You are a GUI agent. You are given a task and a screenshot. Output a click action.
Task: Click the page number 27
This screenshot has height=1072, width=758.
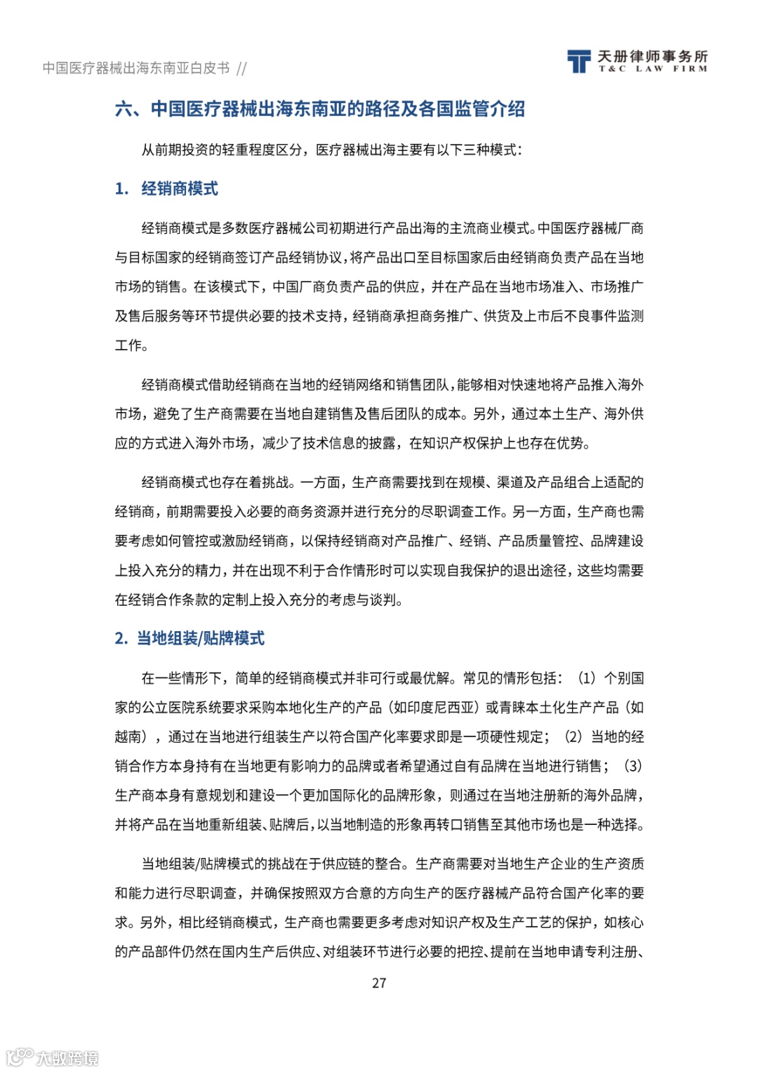point(379,983)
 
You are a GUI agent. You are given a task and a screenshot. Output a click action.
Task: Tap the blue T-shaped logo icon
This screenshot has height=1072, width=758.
point(578,62)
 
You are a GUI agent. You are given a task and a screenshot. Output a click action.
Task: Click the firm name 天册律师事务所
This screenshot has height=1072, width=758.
point(652,56)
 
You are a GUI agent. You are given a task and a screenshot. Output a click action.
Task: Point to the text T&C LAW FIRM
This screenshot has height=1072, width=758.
point(652,69)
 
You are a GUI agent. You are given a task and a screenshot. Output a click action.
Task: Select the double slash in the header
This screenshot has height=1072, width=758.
point(241,68)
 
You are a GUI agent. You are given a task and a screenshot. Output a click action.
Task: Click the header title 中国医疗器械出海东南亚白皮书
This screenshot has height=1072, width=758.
point(136,68)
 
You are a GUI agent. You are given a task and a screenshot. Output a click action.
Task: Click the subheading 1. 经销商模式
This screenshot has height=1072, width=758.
point(166,189)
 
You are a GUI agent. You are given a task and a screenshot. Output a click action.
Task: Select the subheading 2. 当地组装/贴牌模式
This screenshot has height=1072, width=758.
point(189,638)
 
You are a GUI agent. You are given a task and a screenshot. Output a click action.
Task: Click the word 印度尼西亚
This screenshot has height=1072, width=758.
point(441,707)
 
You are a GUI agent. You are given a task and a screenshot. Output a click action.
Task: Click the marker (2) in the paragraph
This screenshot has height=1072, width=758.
point(573,736)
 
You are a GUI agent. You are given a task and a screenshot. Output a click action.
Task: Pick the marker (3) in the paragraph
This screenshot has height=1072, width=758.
point(632,766)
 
